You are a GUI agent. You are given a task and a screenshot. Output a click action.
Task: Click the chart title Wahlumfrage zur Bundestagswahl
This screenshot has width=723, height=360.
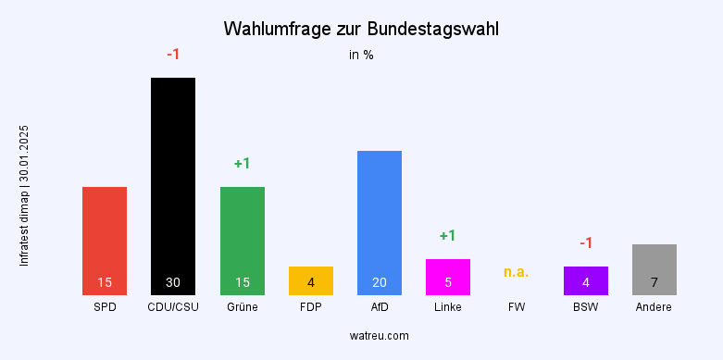pyautogui.click(x=361, y=29)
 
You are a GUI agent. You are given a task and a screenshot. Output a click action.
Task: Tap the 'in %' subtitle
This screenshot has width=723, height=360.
pyautogui.click(x=361, y=55)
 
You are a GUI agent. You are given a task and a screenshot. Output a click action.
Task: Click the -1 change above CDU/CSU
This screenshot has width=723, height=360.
pyautogui.click(x=173, y=55)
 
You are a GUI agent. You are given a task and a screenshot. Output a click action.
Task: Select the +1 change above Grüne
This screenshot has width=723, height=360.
pyautogui.click(x=243, y=164)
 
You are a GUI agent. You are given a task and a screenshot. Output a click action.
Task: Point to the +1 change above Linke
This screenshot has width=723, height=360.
pyautogui.click(x=448, y=236)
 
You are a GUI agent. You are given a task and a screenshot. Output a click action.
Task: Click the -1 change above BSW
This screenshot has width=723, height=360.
pyautogui.click(x=586, y=243)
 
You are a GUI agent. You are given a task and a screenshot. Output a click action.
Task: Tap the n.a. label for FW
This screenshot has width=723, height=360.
pyautogui.click(x=517, y=272)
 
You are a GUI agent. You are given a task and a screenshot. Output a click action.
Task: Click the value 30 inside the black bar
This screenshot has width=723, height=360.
pyautogui.click(x=173, y=282)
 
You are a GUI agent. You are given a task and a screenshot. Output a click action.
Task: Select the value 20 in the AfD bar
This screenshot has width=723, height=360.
pyautogui.click(x=380, y=282)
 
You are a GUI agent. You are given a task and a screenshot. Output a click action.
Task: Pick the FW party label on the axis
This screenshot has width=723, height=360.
pyautogui.click(x=517, y=307)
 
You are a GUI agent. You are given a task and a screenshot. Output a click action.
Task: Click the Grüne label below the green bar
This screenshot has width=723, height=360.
pyautogui.click(x=243, y=307)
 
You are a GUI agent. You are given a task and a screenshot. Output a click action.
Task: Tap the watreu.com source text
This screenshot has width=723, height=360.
pyautogui.click(x=380, y=335)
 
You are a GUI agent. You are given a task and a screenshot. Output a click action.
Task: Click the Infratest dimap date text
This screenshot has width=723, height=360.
pyautogui.click(x=25, y=195)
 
